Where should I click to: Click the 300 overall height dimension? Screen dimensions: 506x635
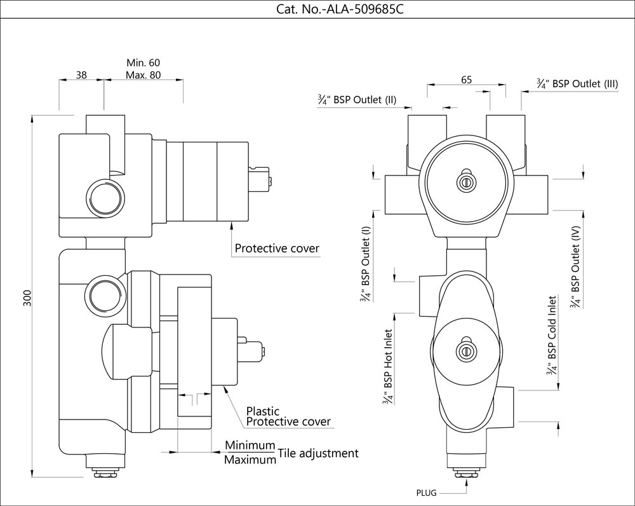pyautogui.click(x=27, y=297)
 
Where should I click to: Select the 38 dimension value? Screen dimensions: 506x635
pyautogui.click(x=81, y=75)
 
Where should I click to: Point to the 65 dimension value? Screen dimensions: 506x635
pyautogui.click(x=466, y=80)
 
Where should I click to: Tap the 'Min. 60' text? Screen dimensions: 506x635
pyautogui.click(x=143, y=63)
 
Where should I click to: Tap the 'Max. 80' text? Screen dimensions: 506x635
pyautogui.click(x=143, y=75)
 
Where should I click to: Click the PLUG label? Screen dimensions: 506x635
pyautogui.click(x=426, y=493)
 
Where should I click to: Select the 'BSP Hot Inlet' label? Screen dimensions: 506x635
pyautogui.click(x=387, y=366)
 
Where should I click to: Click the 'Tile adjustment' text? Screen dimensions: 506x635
pyautogui.click(x=318, y=453)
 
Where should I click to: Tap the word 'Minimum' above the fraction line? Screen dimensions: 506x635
pyautogui.click(x=250, y=445)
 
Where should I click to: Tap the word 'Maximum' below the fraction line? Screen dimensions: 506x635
pyautogui.click(x=250, y=460)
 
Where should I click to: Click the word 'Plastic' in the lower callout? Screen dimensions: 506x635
pyautogui.click(x=262, y=411)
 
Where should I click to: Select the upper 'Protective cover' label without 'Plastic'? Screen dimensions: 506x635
pyautogui.click(x=277, y=248)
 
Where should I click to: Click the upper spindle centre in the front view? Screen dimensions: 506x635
pyautogui.click(x=466, y=182)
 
